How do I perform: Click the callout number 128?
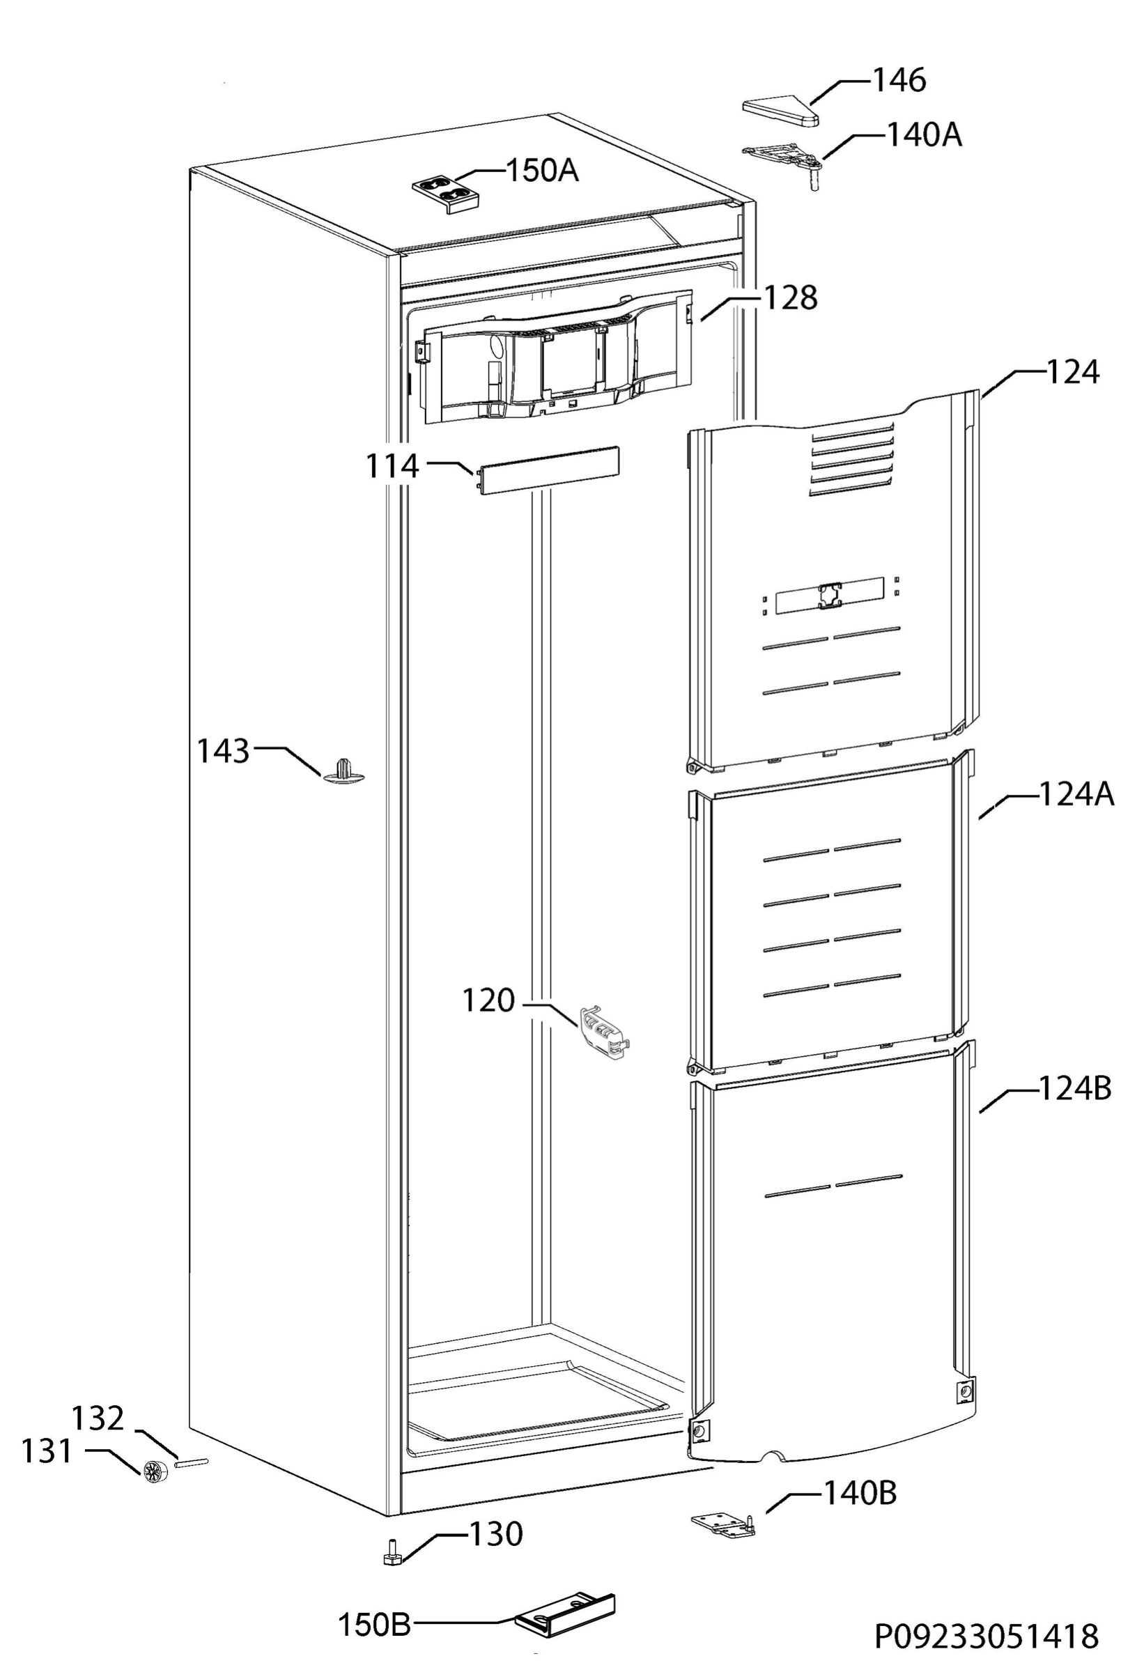click(x=790, y=297)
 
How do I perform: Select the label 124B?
click(x=1075, y=1088)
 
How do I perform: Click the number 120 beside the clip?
click(x=488, y=1000)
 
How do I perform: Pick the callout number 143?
click(x=223, y=752)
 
